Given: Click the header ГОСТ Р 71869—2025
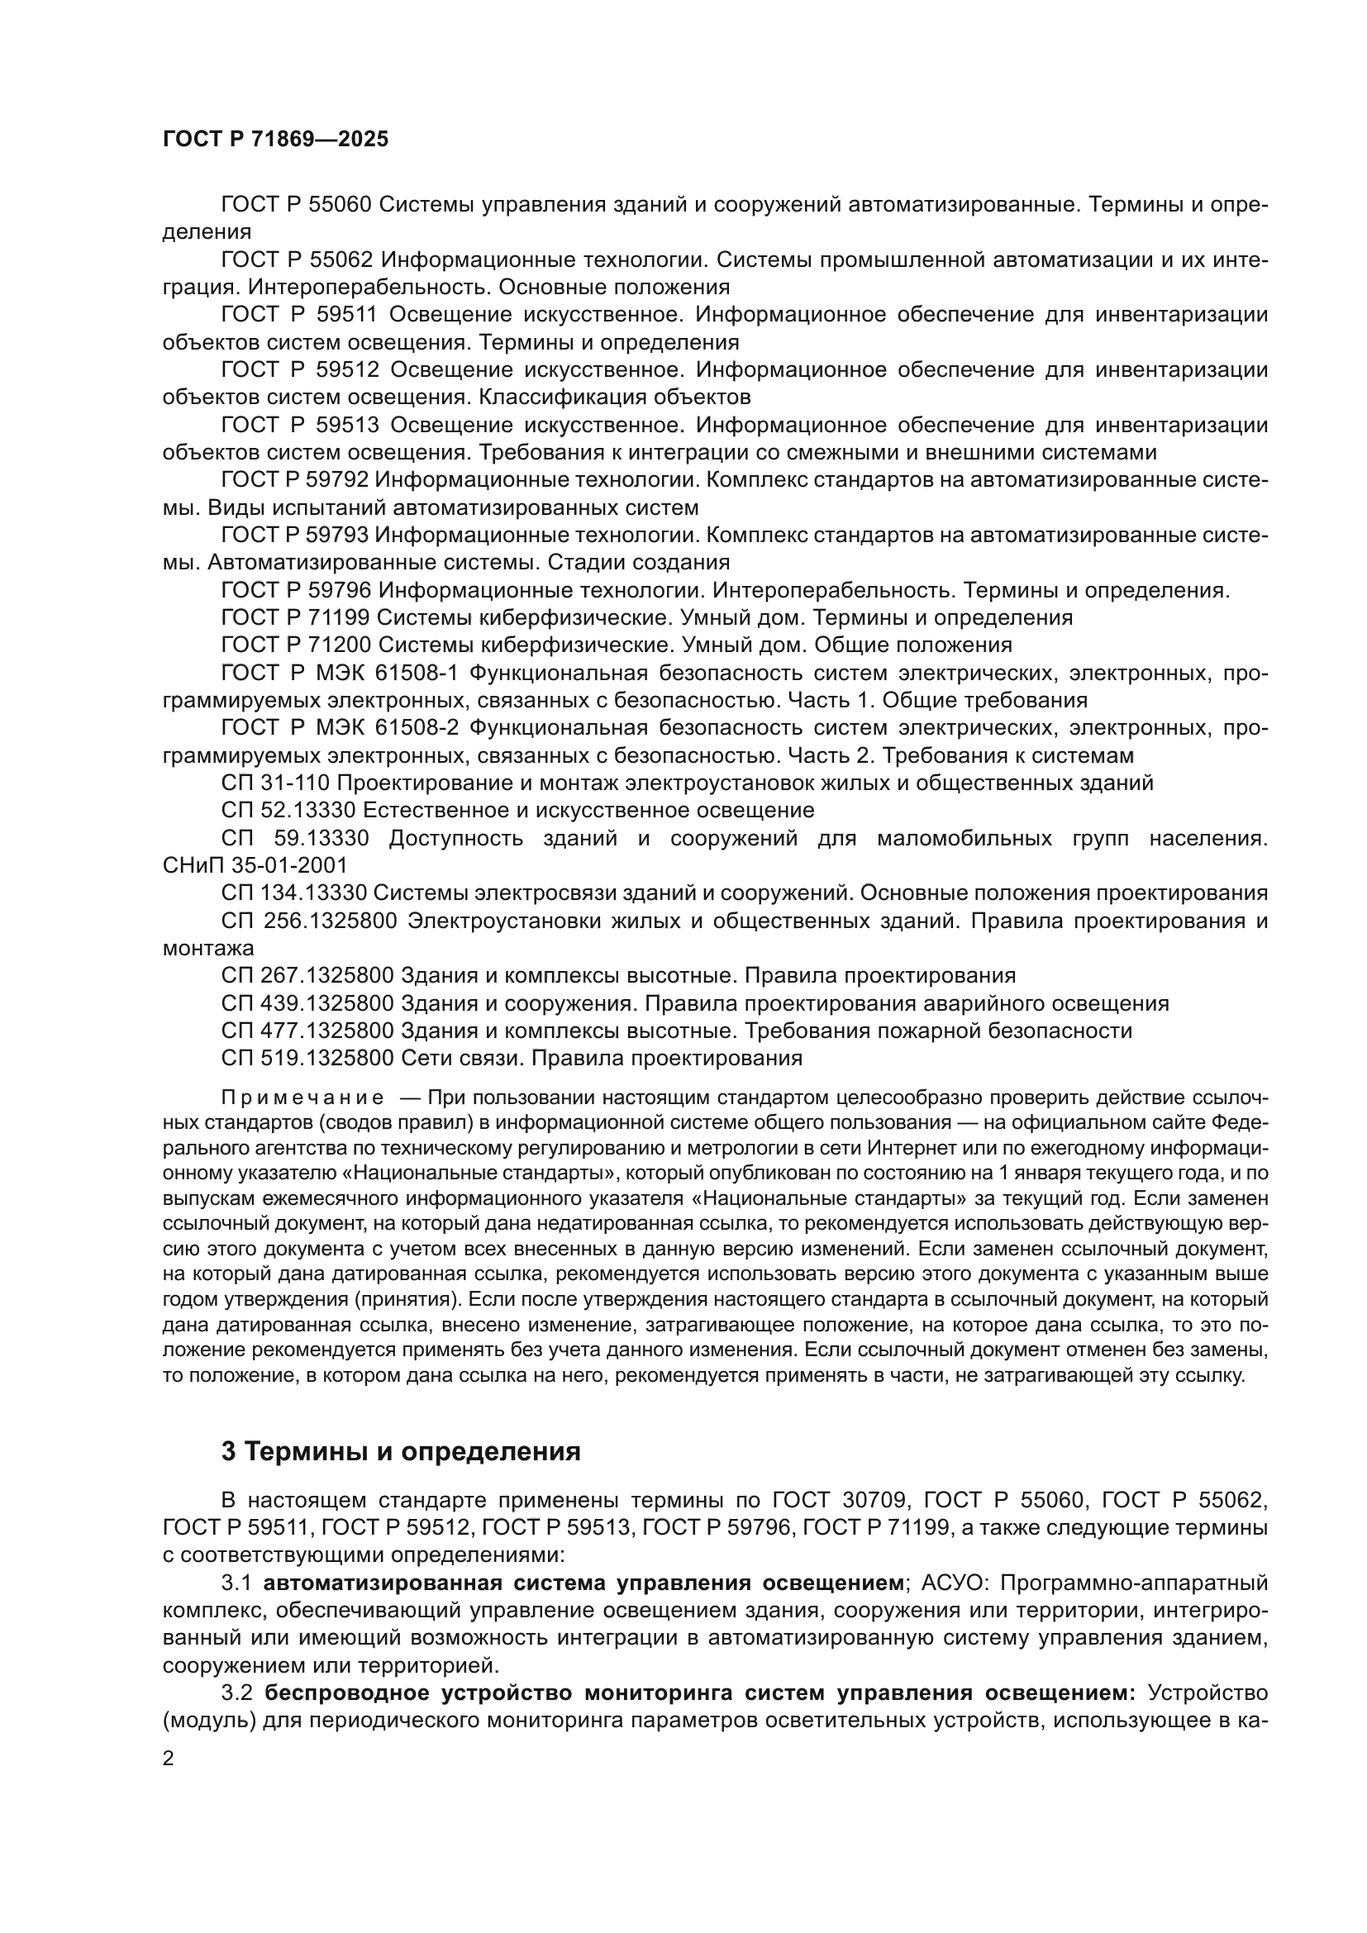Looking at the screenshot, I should pyautogui.click(x=275, y=140).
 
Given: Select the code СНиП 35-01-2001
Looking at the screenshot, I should pyautogui.click(x=255, y=865).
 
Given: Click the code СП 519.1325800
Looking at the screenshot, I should pyautogui.click(x=307, y=1059).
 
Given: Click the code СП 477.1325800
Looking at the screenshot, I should pyautogui.click(x=307, y=1031).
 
